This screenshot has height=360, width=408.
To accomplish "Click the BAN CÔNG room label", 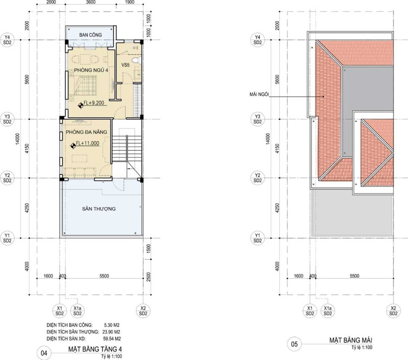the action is tap(90, 35).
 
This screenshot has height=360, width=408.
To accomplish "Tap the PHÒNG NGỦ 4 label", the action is tap(91, 70).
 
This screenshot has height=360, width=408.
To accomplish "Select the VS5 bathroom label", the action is tap(125, 65).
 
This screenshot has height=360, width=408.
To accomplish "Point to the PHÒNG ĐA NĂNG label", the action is tap(86, 132).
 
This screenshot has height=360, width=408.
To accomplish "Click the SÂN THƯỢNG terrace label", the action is tap(99, 209).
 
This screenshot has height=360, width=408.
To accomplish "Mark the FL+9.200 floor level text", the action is tap(94, 103).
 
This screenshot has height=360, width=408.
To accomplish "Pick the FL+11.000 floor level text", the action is tap(87, 143).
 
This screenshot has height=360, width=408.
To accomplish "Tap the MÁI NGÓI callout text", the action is tap(259, 94).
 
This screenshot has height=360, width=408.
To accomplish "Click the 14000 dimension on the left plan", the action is tap(17, 138).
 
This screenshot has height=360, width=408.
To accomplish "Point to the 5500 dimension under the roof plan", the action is tap(354, 276).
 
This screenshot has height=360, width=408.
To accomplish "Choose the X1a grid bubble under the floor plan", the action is tap(77, 311).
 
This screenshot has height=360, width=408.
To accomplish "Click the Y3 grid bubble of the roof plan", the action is tap(257, 119).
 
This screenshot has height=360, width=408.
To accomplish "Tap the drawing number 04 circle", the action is tap(44, 353).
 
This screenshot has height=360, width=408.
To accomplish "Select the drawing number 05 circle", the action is tap(294, 344).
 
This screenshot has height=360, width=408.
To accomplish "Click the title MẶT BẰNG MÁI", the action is tap(351, 340).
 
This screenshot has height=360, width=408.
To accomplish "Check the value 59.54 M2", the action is tap(112, 339).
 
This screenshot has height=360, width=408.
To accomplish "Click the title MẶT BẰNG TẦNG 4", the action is tap(95, 349).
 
